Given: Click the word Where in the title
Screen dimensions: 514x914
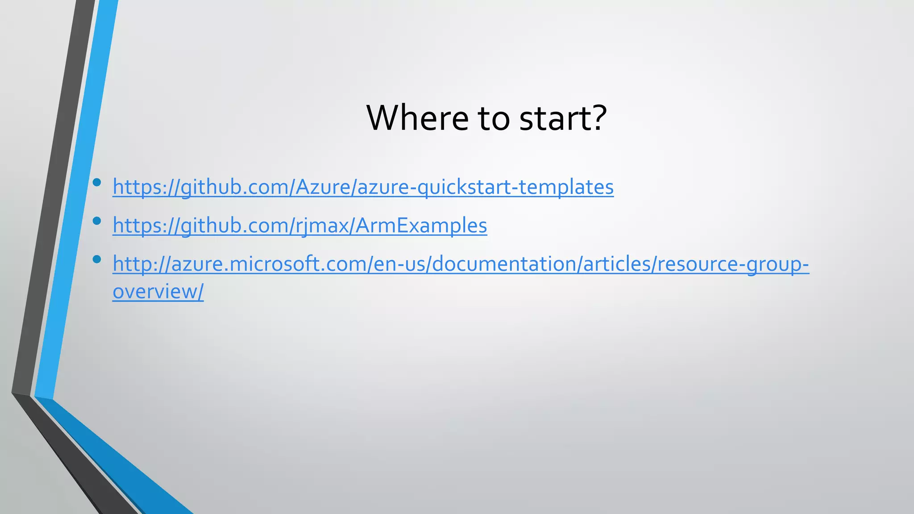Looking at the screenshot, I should coord(417,118).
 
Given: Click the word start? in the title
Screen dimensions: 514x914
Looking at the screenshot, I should coord(563,118).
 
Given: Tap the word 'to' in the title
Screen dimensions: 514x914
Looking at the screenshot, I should coord(494,119).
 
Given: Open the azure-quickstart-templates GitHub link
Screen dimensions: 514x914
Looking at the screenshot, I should coord(363,187).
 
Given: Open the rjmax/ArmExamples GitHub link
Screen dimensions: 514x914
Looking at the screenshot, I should coord(299,225).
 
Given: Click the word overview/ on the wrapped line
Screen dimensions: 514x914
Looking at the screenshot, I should coord(158,292).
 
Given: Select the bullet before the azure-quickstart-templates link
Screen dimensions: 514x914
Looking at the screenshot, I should coord(96,182).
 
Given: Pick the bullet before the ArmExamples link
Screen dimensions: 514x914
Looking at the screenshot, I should coord(96,220).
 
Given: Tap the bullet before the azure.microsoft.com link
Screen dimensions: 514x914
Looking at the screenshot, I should coord(96,259).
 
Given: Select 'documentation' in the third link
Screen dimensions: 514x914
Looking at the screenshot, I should coord(504,264).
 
